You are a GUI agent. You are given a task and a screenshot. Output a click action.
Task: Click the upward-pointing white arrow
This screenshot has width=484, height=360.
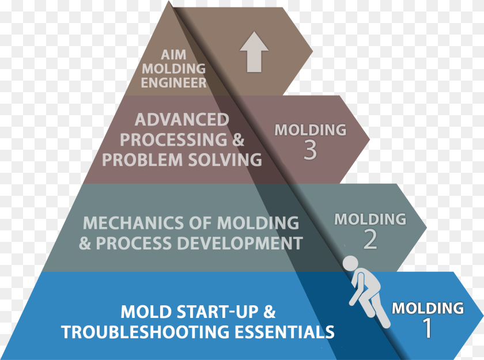(x=254, y=52)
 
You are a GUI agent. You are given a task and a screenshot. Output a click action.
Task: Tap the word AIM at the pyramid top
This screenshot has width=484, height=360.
(x=173, y=55)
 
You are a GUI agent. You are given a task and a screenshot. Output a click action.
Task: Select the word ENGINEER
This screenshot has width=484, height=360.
(x=173, y=83)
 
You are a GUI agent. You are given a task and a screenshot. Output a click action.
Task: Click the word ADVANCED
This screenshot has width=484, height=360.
(x=182, y=120)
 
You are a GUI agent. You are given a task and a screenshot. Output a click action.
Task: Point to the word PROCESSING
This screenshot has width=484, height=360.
(x=173, y=140)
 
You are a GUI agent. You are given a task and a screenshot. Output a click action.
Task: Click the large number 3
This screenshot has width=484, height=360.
(x=310, y=150)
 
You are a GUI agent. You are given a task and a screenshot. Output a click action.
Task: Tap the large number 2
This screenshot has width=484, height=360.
(x=370, y=240)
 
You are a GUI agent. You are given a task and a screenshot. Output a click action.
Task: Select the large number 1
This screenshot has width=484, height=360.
(x=428, y=328)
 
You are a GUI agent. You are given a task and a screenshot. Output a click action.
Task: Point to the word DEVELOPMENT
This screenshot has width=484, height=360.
(x=240, y=243)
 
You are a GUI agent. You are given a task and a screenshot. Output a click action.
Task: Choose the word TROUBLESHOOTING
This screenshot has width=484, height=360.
(x=145, y=332)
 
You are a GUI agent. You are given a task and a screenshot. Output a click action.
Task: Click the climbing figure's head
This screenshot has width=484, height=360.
(x=351, y=264)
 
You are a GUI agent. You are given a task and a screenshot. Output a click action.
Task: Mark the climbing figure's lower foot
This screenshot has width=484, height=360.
(x=386, y=324)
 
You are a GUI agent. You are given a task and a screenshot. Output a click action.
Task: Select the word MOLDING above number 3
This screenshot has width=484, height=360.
(x=310, y=130)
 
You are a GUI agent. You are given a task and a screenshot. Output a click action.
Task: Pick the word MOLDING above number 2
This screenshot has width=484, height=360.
(x=370, y=219)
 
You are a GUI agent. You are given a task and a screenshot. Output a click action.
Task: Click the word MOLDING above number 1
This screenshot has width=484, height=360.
(x=428, y=308)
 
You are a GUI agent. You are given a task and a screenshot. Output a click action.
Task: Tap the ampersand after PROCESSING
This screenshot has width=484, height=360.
(x=239, y=140)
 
